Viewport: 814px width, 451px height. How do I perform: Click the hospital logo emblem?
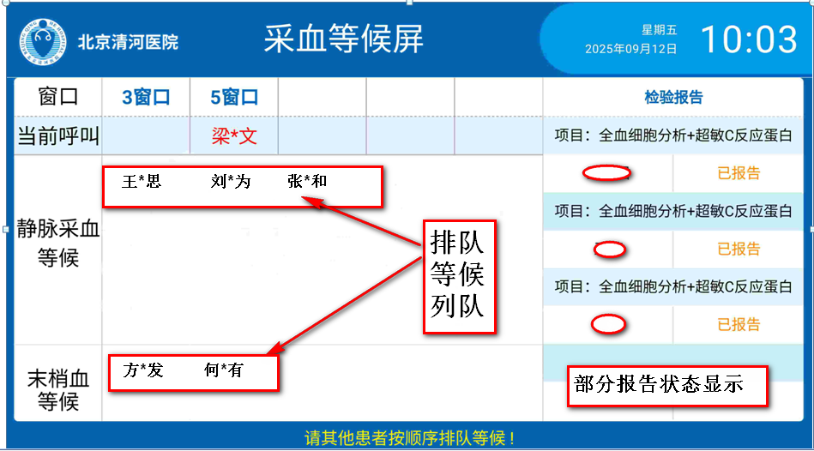[x=43, y=42]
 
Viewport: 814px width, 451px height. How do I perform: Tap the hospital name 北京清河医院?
[x=128, y=42]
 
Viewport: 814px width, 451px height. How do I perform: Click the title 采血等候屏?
[x=344, y=39]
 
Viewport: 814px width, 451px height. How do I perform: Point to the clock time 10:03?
[x=749, y=39]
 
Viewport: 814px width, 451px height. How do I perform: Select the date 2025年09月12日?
[x=630, y=50]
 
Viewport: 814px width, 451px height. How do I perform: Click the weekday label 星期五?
[x=660, y=30]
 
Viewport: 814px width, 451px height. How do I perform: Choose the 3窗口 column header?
[x=146, y=97]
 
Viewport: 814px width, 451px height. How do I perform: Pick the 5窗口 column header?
[x=234, y=97]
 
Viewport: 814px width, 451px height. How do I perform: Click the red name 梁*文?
[x=234, y=136]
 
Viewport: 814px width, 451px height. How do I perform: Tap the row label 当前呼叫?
[x=58, y=136]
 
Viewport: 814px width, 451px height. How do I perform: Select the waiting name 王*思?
[x=142, y=181]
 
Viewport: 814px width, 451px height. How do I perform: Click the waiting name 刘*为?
[x=231, y=181]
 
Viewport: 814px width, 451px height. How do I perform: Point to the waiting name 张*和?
[x=307, y=181]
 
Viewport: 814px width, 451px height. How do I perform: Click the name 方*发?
[x=143, y=370]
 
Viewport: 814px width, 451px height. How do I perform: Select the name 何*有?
[x=224, y=370]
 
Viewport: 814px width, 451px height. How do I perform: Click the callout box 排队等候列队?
[x=460, y=276]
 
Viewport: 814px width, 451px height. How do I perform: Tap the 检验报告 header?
[x=673, y=97]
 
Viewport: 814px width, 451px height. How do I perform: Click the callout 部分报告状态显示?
[x=667, y=386]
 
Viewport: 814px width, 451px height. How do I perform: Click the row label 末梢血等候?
[x=58, y=390]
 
